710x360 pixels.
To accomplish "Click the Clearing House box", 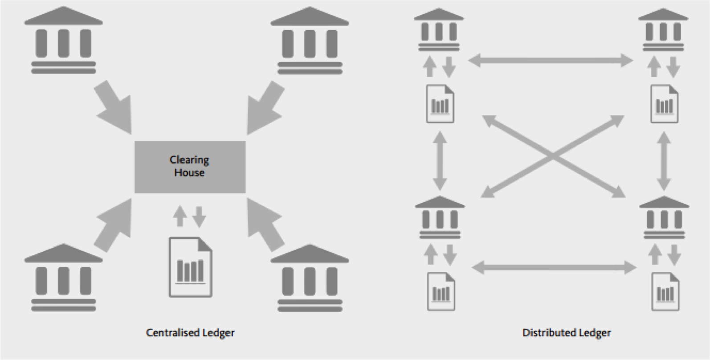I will [190, 167].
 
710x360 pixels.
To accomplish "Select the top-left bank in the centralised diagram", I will [63, 40].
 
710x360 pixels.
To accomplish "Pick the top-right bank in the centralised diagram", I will [310, 40].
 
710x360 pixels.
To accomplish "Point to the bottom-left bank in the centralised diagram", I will [63, 277].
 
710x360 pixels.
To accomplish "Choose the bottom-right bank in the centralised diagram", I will [310, 277].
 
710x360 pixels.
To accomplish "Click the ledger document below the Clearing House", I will [190, 267].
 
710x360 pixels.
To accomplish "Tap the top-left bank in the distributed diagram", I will [439, 30].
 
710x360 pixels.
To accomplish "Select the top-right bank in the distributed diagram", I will [663, 30].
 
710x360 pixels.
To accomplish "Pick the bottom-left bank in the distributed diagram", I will [440, 218].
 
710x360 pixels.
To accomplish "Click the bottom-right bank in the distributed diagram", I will [664, 218].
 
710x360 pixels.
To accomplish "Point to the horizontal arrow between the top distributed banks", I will [551, 61].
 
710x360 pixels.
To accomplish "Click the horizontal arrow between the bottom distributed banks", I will [554, 267].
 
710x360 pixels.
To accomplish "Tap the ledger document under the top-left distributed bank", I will [440, 104].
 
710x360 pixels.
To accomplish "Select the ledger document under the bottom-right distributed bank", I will [665, 292].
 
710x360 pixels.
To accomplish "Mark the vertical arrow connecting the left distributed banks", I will [440, 160].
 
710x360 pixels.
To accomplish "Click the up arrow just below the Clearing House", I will [180, 216].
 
